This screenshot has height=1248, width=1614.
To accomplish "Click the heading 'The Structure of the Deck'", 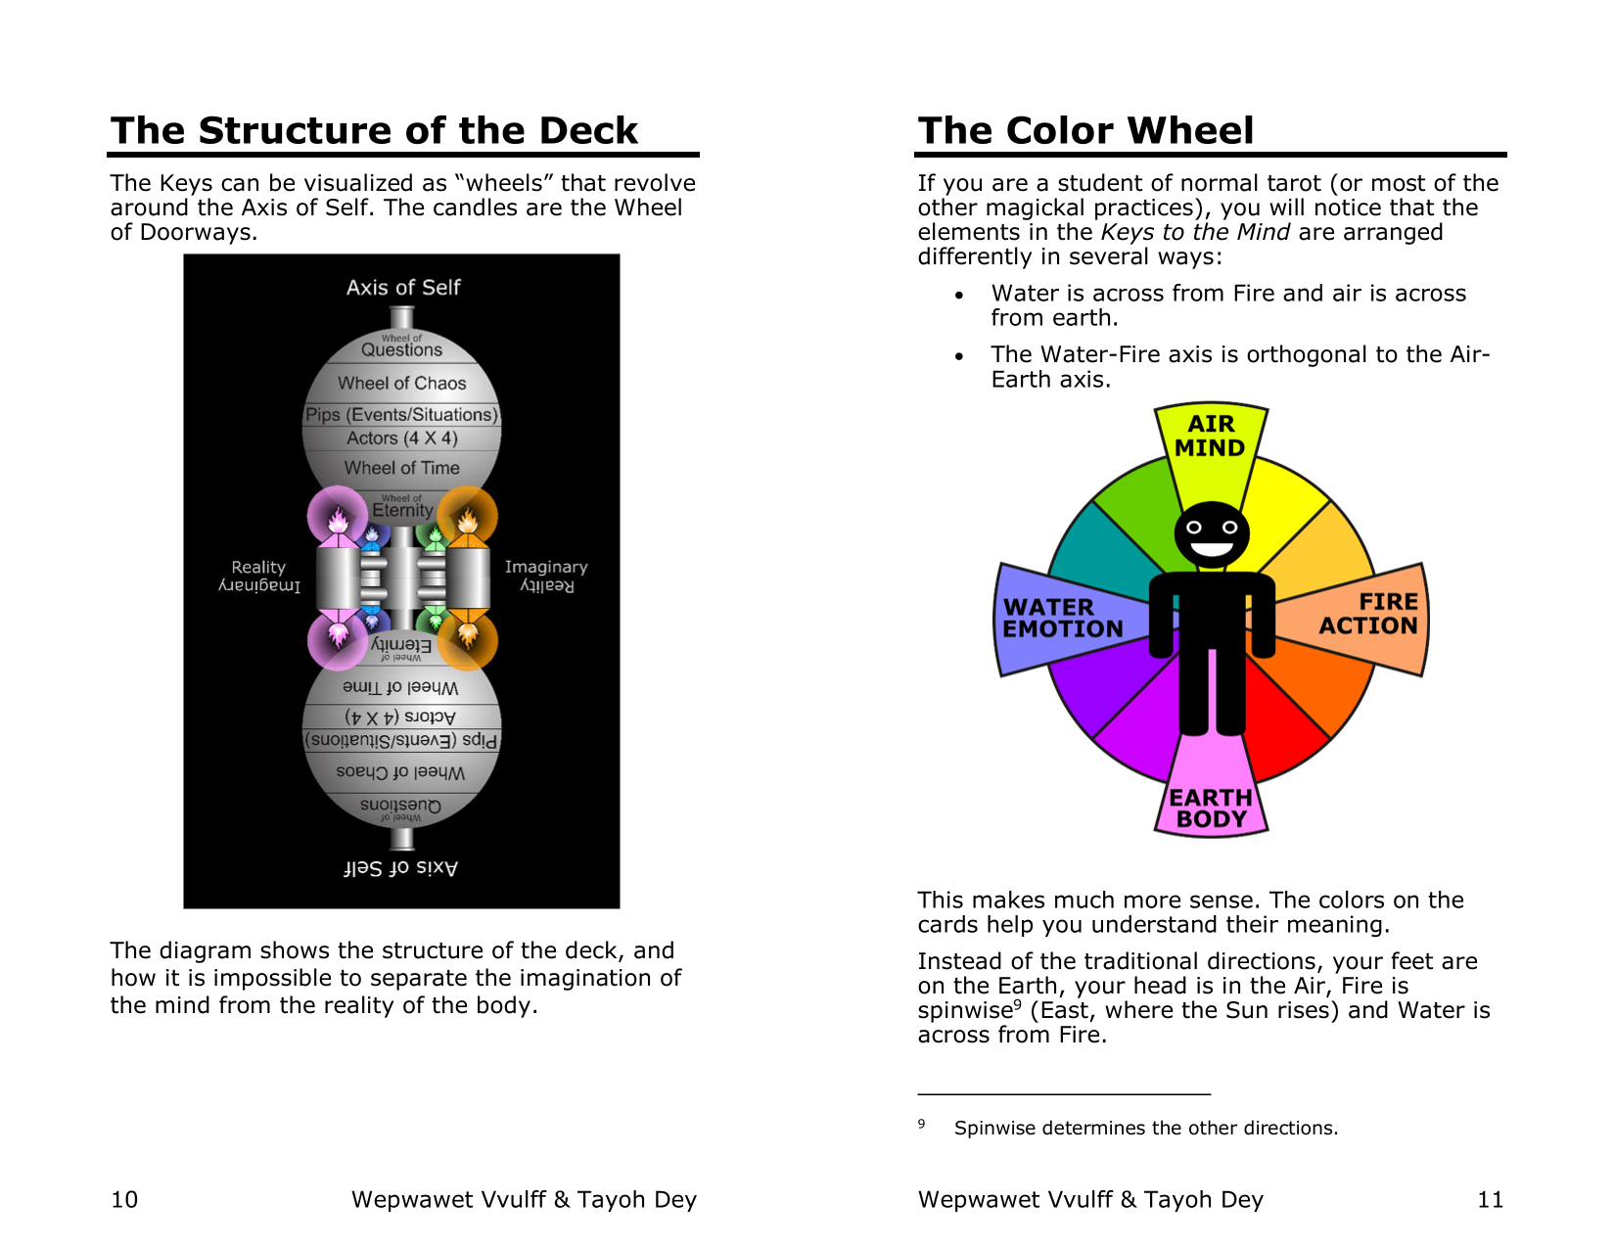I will [374, 131].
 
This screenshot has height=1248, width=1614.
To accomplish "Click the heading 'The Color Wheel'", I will [1084, 131].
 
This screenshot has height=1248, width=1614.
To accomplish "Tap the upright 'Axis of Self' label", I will [402, 288].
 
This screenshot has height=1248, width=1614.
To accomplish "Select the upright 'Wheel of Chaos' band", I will [401, 383].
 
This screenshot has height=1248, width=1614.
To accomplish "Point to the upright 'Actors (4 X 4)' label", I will [401, 439].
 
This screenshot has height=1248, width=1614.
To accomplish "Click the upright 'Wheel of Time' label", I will [401, 468].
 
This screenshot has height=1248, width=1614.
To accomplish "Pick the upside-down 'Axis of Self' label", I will [400, 867].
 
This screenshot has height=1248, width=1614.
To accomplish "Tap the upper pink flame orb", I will [337, 516].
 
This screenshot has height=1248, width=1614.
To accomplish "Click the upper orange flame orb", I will [467, 516].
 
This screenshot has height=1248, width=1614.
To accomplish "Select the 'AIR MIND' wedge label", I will [1210, 437].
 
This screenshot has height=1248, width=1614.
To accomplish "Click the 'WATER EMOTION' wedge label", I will [1062, 619].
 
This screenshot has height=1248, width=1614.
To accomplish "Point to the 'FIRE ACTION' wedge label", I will [1368, 614].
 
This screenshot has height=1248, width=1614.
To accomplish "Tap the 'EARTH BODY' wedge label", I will [1211, 809].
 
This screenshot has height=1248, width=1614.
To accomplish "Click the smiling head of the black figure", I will [1211, 534].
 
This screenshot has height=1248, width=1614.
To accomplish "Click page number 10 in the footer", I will [124, 1200].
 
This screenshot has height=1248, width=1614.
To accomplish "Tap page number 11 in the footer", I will [1490, 1200].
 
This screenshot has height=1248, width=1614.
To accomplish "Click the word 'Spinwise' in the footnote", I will [994, 1129].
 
